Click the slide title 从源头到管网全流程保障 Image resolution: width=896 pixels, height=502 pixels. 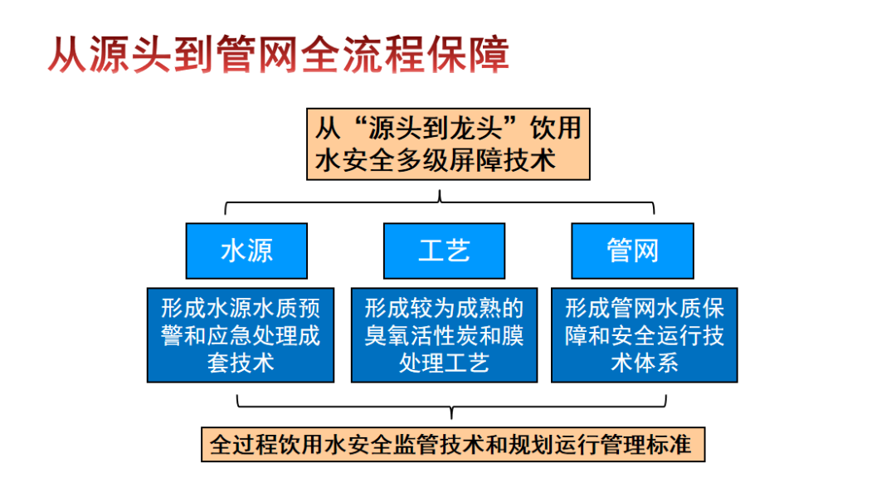(277, 55)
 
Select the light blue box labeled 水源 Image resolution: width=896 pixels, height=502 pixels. (246, 251)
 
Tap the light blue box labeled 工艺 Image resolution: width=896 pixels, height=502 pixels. (444, 251)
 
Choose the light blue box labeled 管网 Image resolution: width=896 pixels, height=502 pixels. (632, 251)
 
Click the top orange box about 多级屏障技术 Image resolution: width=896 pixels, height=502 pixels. (448, 144)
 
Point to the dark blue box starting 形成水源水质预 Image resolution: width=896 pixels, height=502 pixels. (241, 335)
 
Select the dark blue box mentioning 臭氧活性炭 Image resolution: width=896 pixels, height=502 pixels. (444, 335)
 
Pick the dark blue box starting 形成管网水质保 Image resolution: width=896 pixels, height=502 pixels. (645, 335)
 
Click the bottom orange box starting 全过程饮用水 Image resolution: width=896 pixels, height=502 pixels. (452, 444)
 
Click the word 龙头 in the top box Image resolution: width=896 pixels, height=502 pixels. (480, 129)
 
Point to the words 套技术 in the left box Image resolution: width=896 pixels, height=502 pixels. (241, 363)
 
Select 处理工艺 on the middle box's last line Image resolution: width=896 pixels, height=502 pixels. (444, 363)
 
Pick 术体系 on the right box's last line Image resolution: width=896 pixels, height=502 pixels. (645, 363)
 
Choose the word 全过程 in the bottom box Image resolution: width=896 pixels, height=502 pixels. (241, 444)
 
